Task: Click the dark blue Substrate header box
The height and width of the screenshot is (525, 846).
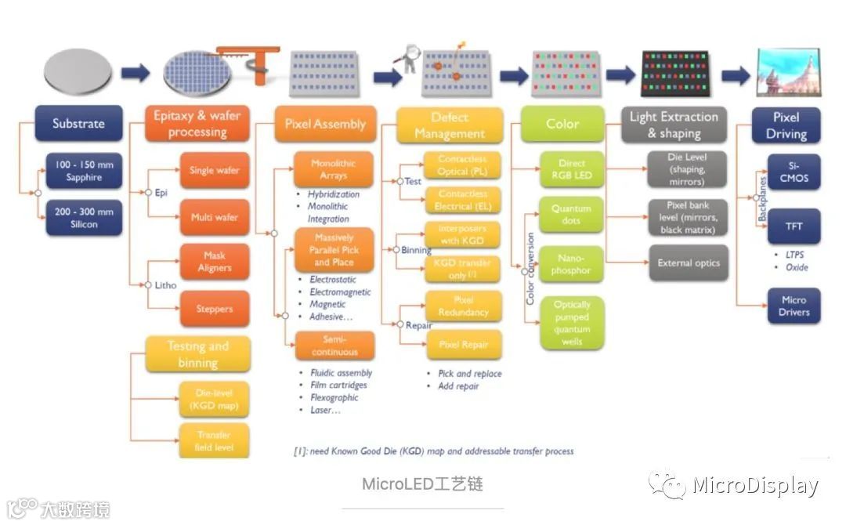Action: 78,123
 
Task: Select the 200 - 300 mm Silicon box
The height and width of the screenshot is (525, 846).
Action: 84,218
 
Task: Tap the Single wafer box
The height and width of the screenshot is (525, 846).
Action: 215,170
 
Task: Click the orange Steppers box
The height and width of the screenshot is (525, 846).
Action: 215,309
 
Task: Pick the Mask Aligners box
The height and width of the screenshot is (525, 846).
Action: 215,262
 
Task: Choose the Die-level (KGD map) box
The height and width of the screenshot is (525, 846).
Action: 213,400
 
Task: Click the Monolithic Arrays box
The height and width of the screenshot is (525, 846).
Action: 333,169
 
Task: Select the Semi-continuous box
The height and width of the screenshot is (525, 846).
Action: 334,346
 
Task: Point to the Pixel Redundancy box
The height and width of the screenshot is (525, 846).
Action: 463,306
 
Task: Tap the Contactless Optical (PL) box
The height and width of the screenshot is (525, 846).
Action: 463,165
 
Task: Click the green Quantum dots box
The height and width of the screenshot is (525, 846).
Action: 572,215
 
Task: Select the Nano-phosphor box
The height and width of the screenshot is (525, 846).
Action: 572,264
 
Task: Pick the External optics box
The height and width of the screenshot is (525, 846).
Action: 688,263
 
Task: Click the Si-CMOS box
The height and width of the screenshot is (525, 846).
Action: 794,172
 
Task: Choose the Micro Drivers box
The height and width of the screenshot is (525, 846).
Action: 794,306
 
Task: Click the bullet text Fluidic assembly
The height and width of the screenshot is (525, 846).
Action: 341,373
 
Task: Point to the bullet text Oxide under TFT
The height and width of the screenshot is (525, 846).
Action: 797,267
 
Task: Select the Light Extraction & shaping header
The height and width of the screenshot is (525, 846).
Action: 674,125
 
